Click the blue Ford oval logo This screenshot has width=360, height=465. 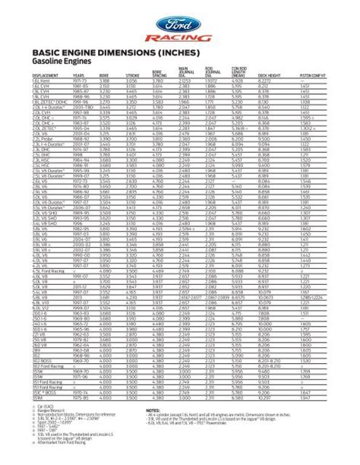179,17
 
